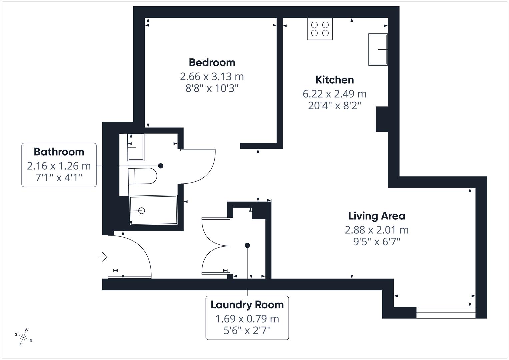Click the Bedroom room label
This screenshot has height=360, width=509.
212,62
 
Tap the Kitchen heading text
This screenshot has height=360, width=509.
334,80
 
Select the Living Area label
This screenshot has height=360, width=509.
377,216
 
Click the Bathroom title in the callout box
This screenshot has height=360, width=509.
59,152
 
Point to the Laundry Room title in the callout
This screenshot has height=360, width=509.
247,305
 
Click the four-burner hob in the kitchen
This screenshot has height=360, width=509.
320,29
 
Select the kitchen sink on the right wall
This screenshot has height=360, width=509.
378,49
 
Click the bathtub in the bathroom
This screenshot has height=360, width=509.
153,210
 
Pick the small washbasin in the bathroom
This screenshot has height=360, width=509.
136,147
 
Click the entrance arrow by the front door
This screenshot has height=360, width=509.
103,257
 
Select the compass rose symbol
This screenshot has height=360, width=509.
24,337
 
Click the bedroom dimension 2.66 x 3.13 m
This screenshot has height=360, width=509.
212,77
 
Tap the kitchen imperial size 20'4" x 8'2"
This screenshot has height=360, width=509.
334,106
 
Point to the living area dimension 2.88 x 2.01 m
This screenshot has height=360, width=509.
377,230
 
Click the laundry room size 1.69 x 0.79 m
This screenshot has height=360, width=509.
247,319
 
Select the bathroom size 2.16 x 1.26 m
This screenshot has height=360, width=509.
59,166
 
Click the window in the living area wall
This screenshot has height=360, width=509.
446,313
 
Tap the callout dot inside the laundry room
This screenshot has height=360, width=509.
247,245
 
